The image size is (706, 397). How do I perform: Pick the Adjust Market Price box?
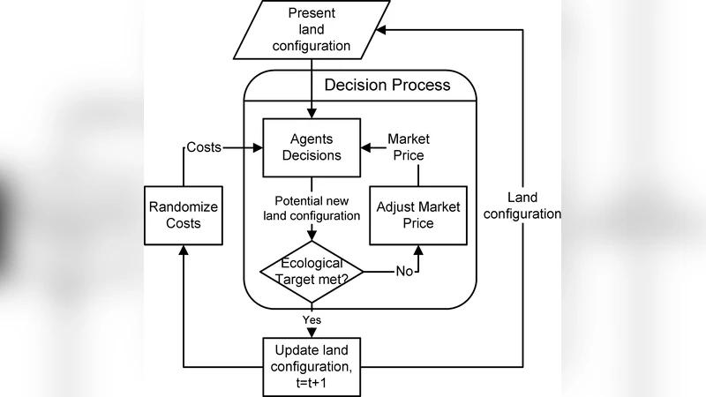tap(417, 214)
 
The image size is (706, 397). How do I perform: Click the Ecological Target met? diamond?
tap(312, 271)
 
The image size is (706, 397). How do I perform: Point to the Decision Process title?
tap(387, 86)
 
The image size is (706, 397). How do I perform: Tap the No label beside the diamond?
tap(404, 271)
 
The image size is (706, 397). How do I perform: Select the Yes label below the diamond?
tap(312, 319)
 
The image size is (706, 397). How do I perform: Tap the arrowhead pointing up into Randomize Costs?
tap(183, 251)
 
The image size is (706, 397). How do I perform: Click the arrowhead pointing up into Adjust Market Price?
tap(417, 251)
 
